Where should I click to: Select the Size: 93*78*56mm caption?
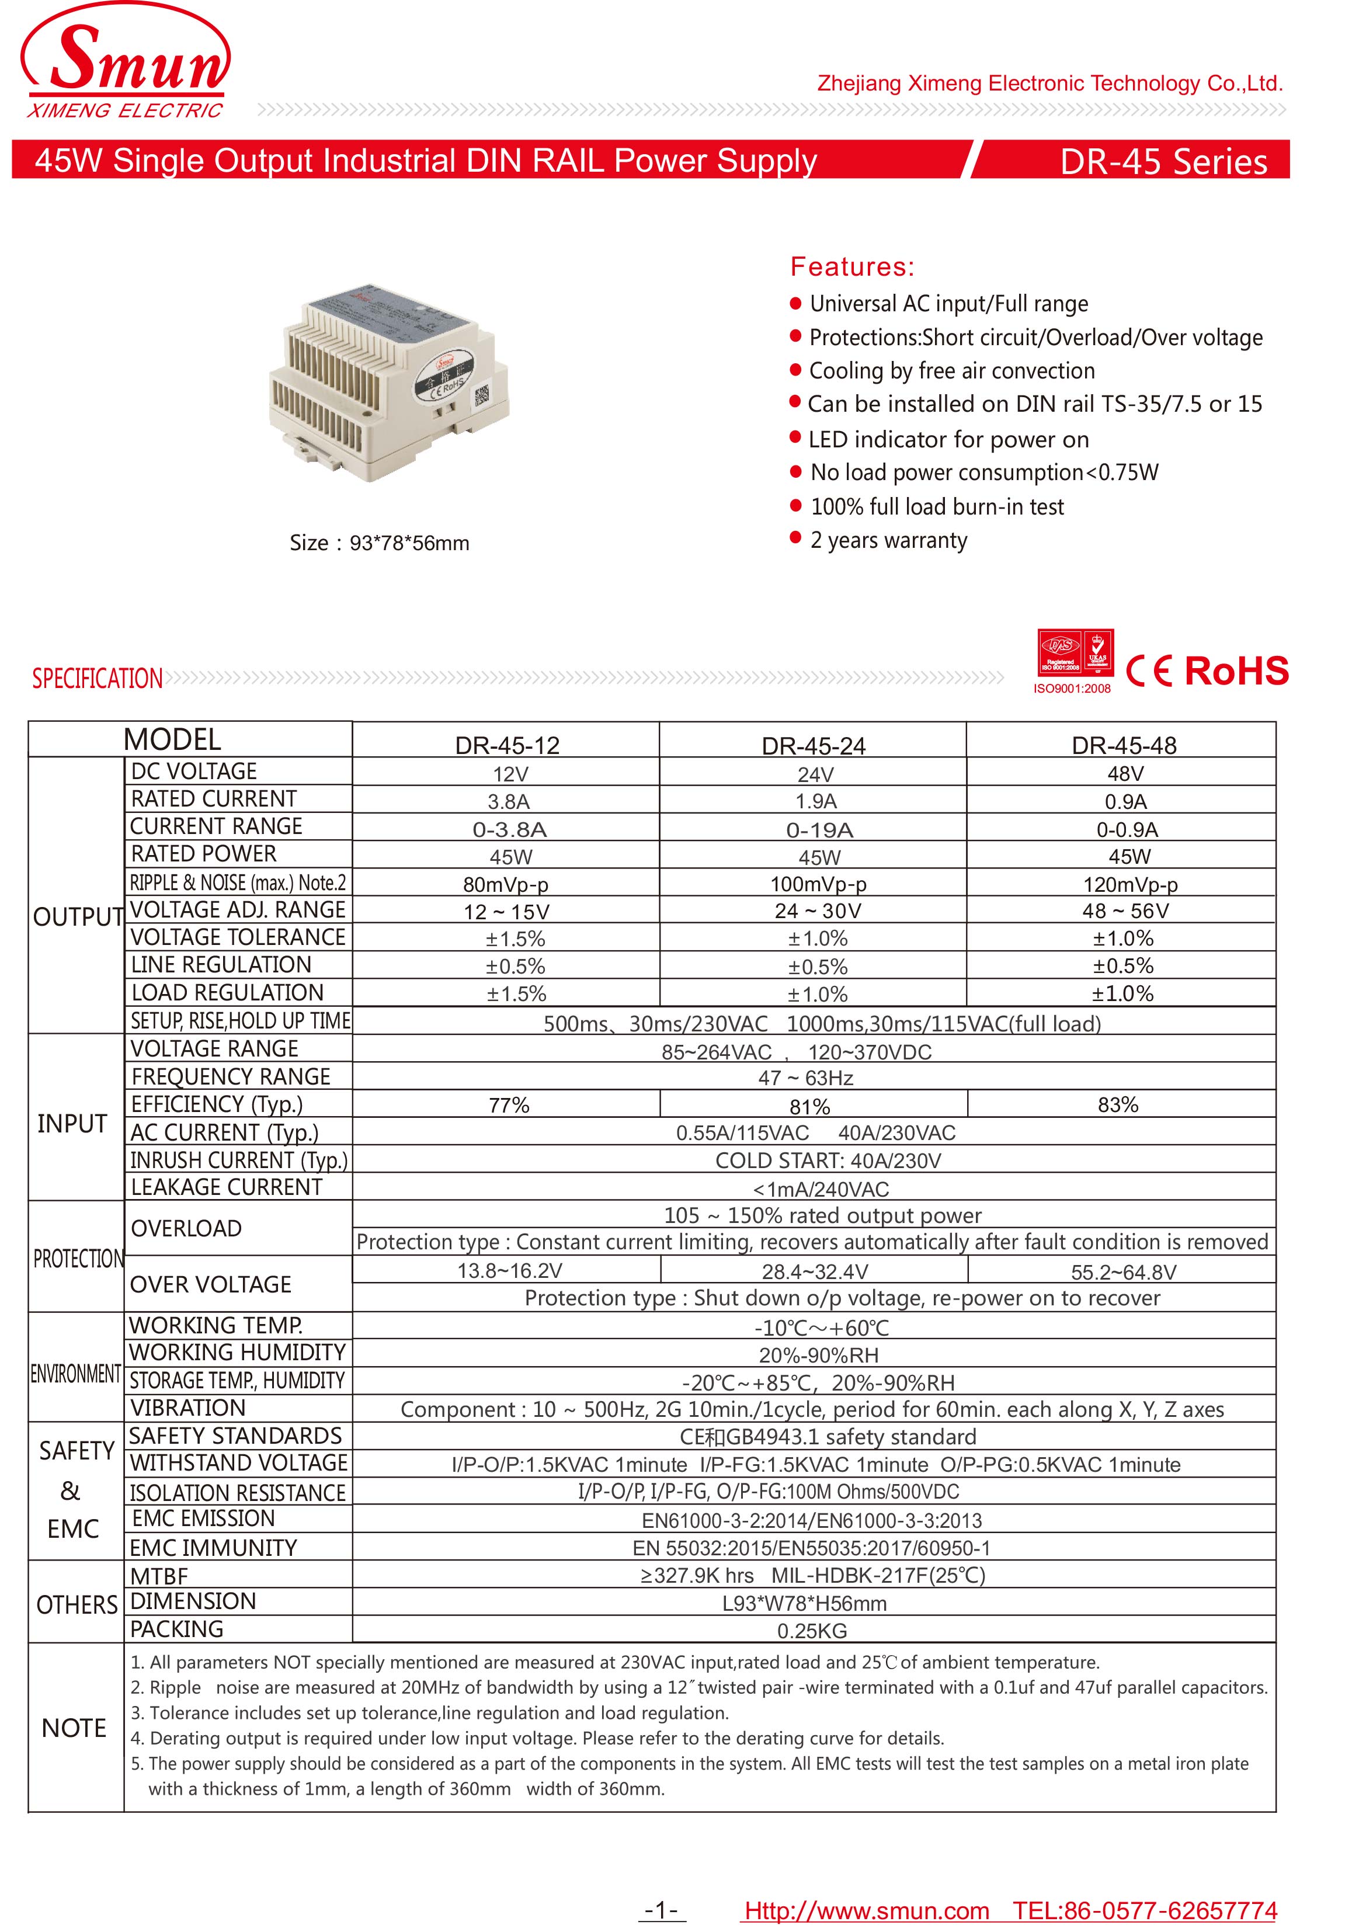[380, 543]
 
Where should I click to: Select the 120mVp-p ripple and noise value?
[1129, 884]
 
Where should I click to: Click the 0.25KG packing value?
[811, 1631]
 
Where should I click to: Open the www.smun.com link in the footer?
[867, 1910]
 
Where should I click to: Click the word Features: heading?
[851, 267]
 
